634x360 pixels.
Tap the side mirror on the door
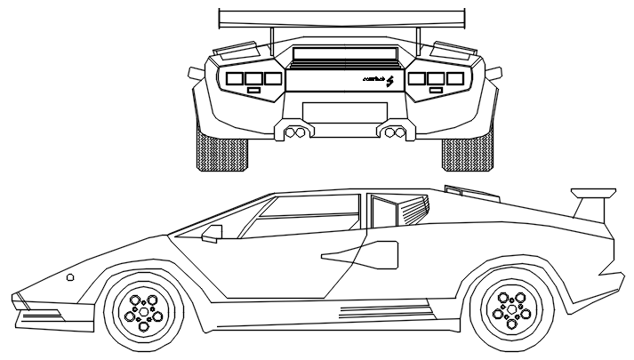212,233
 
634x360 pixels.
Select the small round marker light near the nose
70,277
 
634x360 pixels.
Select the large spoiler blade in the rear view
342,17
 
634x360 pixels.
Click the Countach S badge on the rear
378,79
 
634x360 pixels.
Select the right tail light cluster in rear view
437,78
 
